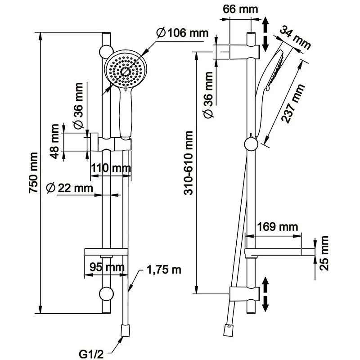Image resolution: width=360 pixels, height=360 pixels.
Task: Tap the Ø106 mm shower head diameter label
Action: (x=182, y=33)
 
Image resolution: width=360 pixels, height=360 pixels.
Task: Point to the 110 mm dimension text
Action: (x=110, y=169)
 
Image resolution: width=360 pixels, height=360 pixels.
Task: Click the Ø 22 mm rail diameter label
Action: (x=69, y=188)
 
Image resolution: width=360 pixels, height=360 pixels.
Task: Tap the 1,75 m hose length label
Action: (x=163, y=270)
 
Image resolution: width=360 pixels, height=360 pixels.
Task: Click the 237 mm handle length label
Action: (x=293, y=104)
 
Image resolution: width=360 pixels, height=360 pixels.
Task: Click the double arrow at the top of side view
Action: (x=266, y=34)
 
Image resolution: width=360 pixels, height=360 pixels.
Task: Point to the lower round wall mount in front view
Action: (x=106, y=293)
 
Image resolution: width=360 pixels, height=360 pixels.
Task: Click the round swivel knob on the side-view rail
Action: (x=251, y=144)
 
